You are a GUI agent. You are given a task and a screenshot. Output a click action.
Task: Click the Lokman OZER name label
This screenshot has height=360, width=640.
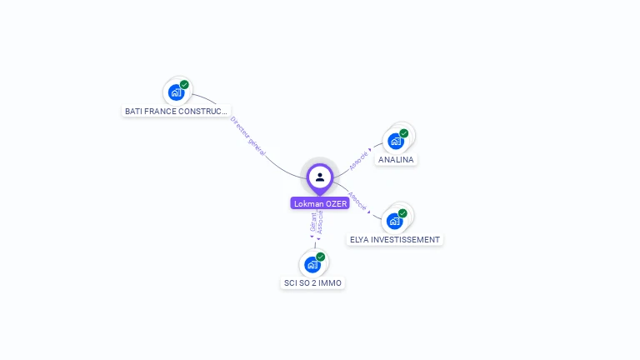click(x=320, y=203)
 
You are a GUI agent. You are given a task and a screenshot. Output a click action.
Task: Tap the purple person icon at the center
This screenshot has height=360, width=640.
click(x=320, y=177)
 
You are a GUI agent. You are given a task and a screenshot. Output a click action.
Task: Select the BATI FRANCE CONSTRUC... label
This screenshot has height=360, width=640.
click(x=175, y=111)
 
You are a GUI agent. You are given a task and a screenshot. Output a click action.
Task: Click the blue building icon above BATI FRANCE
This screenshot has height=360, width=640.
click(x=176, y=92)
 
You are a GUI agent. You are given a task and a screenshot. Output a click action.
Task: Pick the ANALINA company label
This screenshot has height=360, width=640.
click(x=396, y=159)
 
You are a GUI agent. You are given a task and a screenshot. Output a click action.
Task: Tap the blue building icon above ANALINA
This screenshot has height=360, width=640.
click(x=396, y=141)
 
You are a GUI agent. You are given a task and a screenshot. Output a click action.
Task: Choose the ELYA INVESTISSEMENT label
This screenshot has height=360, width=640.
click(x=394, y=239)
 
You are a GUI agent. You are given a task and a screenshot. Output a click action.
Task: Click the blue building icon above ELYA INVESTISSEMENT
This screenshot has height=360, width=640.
click(x=395, y=221)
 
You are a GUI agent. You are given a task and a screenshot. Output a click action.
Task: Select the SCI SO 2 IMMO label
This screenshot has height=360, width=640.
click(x=312, y=282)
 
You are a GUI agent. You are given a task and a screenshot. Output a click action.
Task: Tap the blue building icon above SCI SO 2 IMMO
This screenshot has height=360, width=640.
click(x=312, y=265)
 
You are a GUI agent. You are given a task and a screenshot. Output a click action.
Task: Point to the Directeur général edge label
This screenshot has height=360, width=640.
click(x=248, y=137)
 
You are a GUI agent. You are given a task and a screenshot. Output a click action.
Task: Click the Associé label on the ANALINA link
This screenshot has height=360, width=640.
click(x=359, y=159)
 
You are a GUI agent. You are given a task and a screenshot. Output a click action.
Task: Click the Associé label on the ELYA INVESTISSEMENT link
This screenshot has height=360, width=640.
click(x=357, y=202)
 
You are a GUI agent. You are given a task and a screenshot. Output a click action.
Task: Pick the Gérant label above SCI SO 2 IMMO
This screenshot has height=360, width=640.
click(x=313, y=222)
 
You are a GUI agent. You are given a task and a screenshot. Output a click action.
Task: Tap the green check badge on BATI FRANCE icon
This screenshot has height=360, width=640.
click(x=184, y=84)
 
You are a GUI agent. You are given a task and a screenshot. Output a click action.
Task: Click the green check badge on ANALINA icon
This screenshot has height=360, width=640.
click(x=404, y=132)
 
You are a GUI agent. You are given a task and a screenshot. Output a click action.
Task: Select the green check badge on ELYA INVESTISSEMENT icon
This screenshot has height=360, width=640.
click(x=403, y=213)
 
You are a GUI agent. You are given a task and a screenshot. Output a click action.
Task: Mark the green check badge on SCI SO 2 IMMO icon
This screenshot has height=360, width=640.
click(x=321, y=257)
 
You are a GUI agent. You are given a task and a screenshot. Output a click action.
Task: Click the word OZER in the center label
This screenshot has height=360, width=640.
click(x=333, y=203)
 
